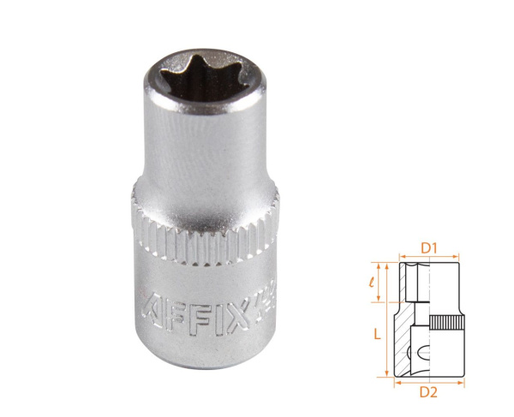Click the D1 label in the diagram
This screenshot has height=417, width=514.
pos(430,248)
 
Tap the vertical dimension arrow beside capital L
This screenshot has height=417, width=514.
pos(387,317)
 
